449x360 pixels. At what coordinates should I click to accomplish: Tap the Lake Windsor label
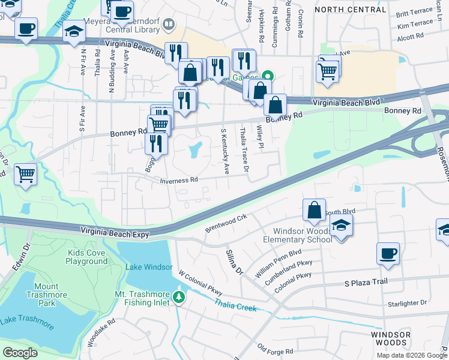149,267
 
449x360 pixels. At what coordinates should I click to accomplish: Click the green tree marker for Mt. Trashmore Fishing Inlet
178,297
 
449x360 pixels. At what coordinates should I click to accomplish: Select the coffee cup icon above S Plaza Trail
388,253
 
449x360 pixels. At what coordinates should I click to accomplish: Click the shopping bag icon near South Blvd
314,210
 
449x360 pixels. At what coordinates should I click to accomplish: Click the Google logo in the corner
20,352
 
